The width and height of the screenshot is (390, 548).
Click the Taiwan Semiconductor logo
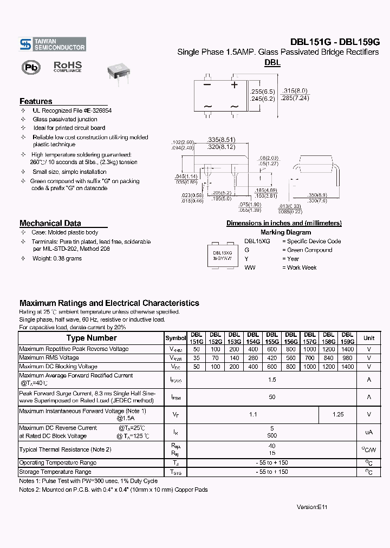pos(52,45)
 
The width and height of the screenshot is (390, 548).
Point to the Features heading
pos(36,101)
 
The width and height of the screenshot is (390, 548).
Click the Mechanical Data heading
pos(50,223)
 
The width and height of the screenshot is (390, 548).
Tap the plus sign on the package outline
pos(235,85)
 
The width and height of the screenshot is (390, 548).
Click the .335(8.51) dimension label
pos(220,139)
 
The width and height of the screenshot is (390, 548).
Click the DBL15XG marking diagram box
pos(222,256)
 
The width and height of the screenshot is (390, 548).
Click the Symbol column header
pos(175,338)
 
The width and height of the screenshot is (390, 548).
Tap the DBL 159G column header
pos(348,338)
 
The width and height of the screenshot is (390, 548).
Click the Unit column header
pos(369,338)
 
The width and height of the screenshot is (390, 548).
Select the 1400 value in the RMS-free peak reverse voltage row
pos(348,349)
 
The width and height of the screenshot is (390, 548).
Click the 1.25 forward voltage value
pos(338,414)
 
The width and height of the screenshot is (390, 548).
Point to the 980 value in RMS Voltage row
pos(348,358)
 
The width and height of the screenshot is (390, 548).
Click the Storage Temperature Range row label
pos(55,472)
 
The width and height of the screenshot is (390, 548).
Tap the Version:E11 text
pos(313,507)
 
